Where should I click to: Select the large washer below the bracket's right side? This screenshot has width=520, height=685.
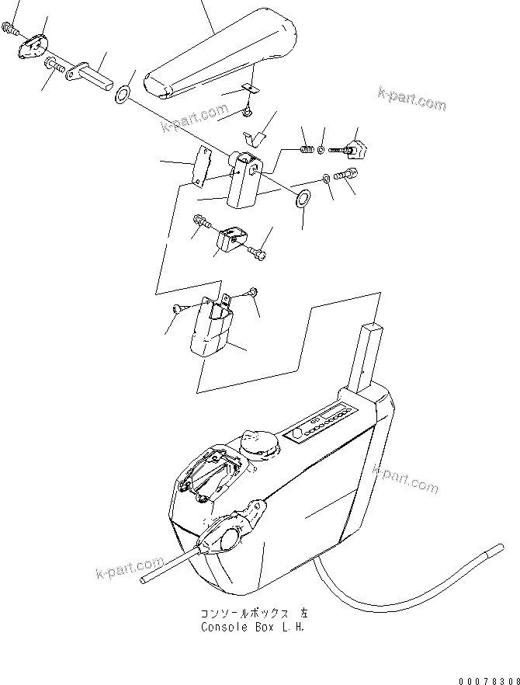(303, 198)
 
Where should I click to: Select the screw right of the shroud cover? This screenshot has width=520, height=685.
(255, 293)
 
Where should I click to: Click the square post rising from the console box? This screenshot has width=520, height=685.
(370, 356)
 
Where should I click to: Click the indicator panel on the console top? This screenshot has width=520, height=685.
(325, 423)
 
